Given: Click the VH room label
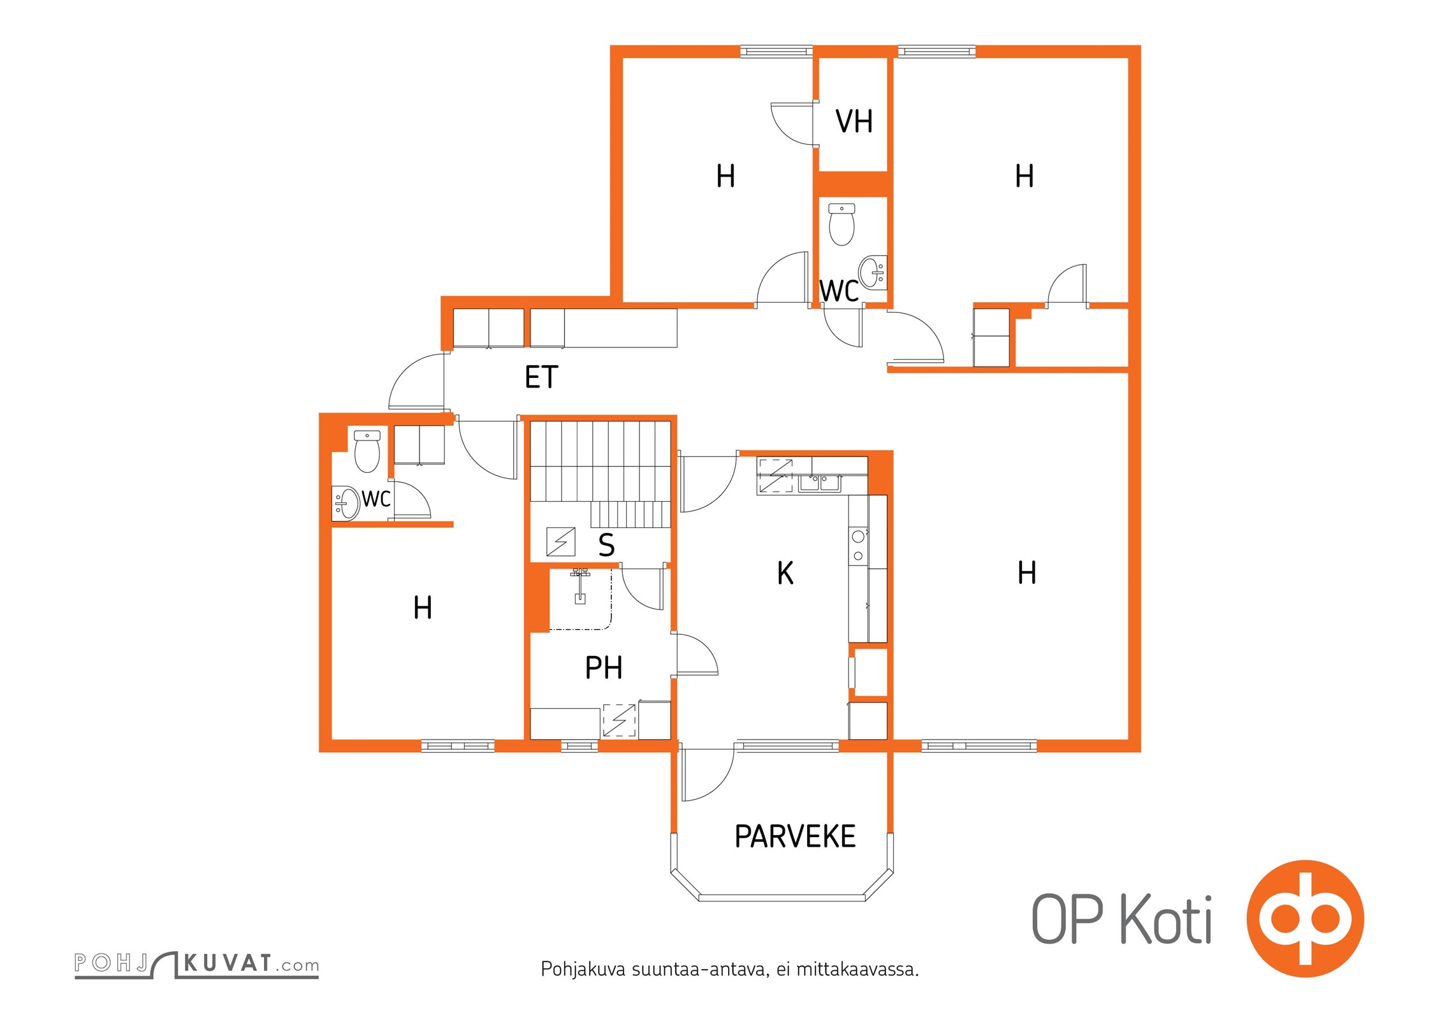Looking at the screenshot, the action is (854, 121).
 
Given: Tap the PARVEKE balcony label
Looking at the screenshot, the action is (795, 836).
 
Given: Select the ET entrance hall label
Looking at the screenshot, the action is (541, 377).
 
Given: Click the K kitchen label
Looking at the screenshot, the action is (785, 572).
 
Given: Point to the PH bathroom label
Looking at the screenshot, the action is (603, 667).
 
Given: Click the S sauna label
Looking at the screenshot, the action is (606, 545).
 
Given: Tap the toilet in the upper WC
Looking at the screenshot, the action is (841, 224).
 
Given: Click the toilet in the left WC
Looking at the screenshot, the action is (367, 451).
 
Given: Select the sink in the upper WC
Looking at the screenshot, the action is (872, 272).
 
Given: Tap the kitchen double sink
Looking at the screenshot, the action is (820, 482).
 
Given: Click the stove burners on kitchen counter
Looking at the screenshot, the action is (858, 546).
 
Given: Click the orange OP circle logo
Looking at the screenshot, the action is (1305, 919).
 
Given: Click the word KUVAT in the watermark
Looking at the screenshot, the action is (228, 963).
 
